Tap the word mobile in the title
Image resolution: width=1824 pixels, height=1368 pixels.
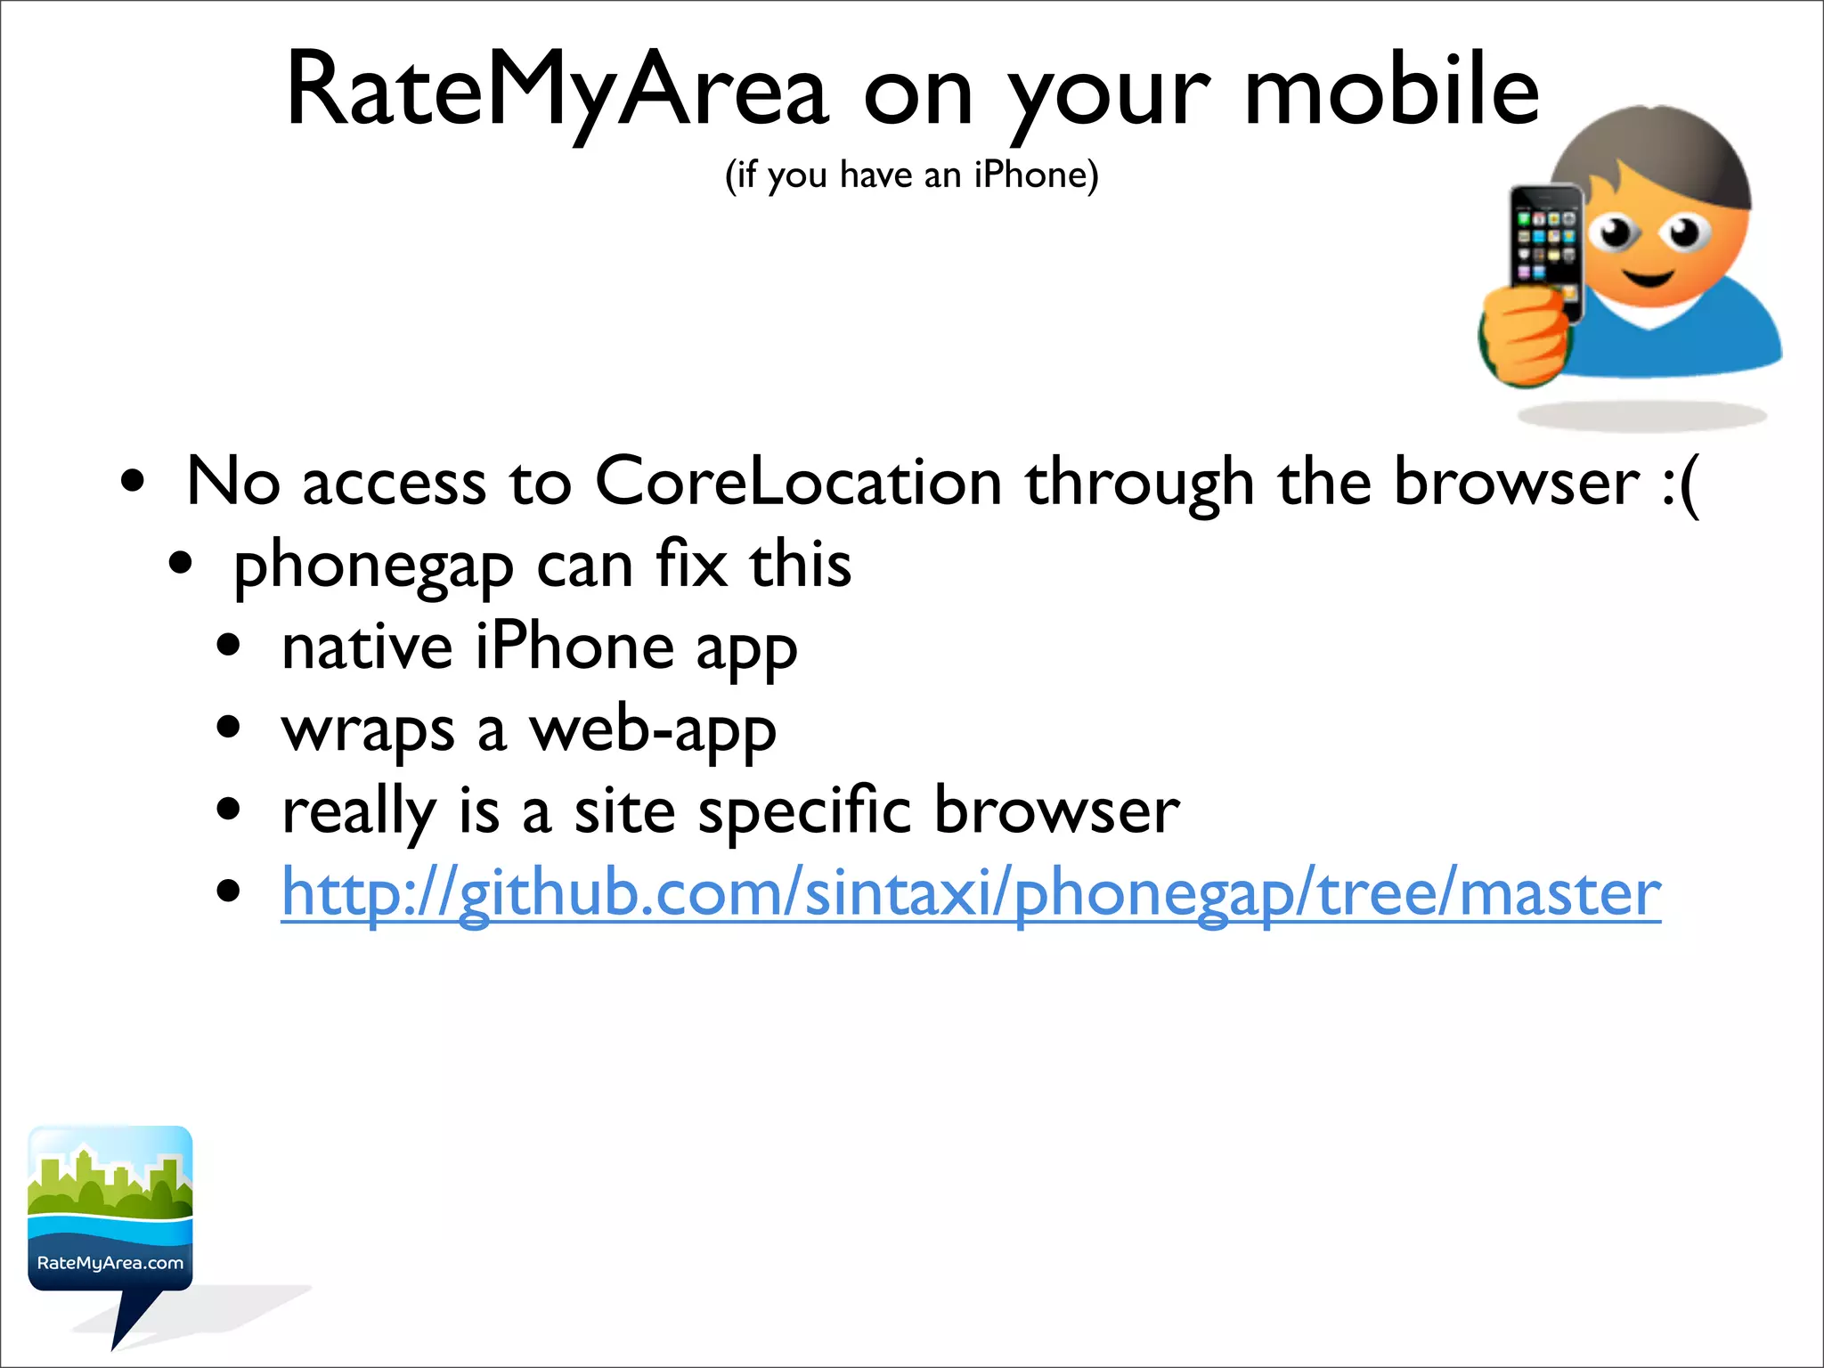pos(1390,89)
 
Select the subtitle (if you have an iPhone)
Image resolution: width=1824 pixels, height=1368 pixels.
pos(911,175)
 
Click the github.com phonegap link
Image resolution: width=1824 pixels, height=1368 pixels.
pos(971,892)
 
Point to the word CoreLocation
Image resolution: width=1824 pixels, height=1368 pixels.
pos(798,482)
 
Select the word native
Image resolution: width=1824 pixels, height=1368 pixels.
pos(366,647)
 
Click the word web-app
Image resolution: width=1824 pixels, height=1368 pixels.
pos(653,729)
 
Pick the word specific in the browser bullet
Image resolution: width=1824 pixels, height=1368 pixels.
pos(804,811)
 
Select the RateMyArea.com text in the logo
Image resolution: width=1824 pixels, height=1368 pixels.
pos(110,1263)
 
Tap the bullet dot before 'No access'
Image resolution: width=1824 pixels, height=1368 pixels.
pos(133,481)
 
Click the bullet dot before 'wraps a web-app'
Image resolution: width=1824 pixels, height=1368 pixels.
pos(229,728)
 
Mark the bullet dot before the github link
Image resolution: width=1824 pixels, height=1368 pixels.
pos(229,891)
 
